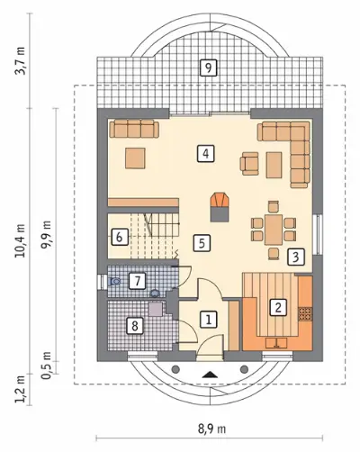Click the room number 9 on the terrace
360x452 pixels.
pyautogui.click(x=208, y=68)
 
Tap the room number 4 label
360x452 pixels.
pyautogui.click(x=205, y=154)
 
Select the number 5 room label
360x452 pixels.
pyautogui.click(x=202, y=242)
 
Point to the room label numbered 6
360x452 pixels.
pyautogui.click(x=119, y=238)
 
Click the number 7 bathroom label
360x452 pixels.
pyautogui.click(x=137, y=281)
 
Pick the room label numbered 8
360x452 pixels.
pyautogui.click(x=134, y=326)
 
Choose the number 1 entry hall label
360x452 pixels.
pyautogui.click(x=208, y=319)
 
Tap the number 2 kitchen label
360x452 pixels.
pyautogui.click(x=278, y=307)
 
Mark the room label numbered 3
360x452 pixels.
pyautogui.click(x=296, y=257)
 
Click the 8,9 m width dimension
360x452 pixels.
pyautogui.click(x=211, y=429)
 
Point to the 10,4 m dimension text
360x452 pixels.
pyautogui.click(x=22, y=240)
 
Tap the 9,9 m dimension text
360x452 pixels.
pyautogui.click(x=46, y=234)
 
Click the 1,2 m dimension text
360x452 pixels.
pyautogui.click(x=22, y=390)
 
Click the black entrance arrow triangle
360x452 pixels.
pyautogui.click(x=210, y=375)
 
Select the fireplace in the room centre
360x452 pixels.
pyautogui.click(x=220, y=207)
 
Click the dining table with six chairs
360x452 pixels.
pyautogui.click(x=274, y=230)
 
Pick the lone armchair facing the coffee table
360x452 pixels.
pyautogui.click(x=249, y=163)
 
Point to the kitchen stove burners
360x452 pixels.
pyautogui.click(x=305, y=313)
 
